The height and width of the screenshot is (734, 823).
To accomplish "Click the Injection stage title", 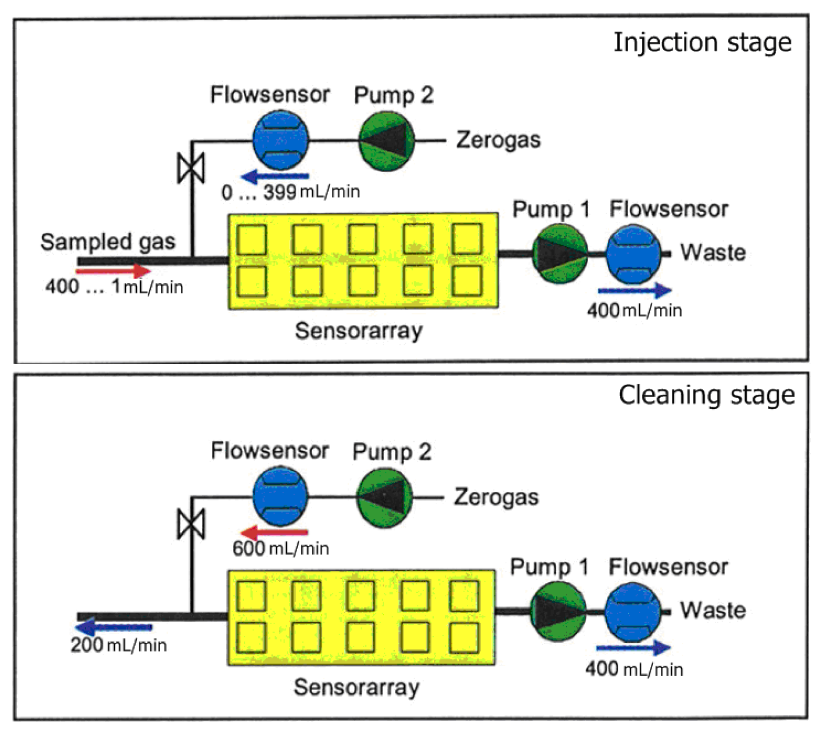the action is pyautogui.click(x=702, y=43).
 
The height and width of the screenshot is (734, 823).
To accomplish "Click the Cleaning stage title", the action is pyautogui.click(x=707, y=396).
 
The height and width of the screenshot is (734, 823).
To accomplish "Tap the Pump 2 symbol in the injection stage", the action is pyautogui.click(x=386, y=140).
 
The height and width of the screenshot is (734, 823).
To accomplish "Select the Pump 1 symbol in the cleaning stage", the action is pyautogui.click(x=558, y=612).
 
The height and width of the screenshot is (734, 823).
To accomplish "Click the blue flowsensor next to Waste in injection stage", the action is pyautogui.click(x=634, y=254).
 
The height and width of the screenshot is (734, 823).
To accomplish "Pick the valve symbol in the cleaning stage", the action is pyautogui.click(x=191, y=524).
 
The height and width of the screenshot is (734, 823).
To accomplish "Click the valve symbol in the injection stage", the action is pyautogui.click(x=191, y=168).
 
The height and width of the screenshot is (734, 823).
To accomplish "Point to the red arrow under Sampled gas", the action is pyautogui.click(x=114, y=271).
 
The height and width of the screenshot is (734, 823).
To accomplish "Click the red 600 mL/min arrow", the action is pyautogui.click(x=274, y=532).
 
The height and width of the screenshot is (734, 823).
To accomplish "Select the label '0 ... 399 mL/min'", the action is pyautogui.click(x=290, y=192).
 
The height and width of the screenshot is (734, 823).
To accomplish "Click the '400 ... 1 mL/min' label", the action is pyautogui.click(x=114, y=287).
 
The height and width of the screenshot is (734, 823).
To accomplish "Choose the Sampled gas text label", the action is pyautogui.click(x=108, y=242).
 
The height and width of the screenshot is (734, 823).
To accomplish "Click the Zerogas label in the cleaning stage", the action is pyautogui.click(x=496, y=497).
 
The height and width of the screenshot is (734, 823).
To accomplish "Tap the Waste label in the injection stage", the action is pyautogui.click(x=713, y=252).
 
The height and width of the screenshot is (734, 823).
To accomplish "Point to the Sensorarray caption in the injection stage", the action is pyautogui.click(x=359, y=331).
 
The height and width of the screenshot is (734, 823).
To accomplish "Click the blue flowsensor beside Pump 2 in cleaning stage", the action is pyautogui.click(x=280, y=497).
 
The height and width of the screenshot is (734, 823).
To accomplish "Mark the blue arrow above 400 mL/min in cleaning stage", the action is pyautogui.click(x=633, y=648).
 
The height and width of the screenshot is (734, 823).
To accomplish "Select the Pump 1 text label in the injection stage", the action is pyautogui.click(x=551, y=210).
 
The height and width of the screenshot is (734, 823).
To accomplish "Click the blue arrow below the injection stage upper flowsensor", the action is pyautogui.click(x=275, y=177).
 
